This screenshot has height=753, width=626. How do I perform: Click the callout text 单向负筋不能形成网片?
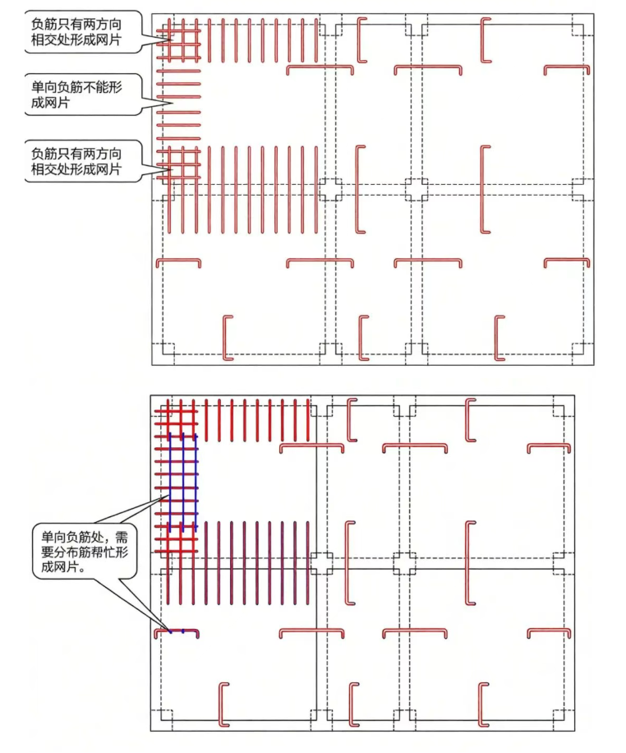coord(76,95)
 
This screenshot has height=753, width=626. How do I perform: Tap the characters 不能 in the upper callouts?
coord(99,87)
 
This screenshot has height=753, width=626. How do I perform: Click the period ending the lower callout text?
coord(83,570)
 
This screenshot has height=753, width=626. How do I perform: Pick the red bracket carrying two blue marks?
coord(177,632)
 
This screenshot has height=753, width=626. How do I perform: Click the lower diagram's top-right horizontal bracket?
coord(550,446)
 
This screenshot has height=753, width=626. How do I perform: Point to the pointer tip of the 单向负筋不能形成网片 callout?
coord(172,102)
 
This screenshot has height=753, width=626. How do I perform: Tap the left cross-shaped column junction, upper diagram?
coord(331,190)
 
